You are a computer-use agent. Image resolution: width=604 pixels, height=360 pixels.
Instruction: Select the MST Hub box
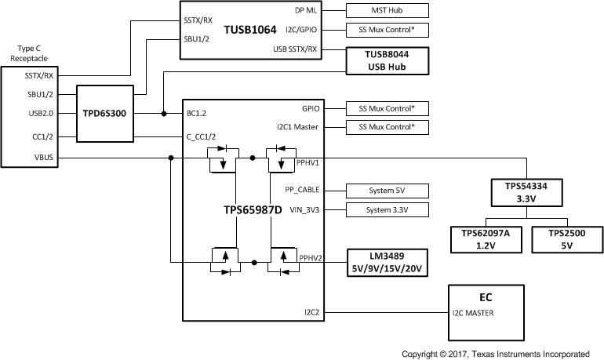click(x=388, y=10)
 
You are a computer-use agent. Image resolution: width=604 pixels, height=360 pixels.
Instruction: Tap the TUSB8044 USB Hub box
click(x=388, y=60)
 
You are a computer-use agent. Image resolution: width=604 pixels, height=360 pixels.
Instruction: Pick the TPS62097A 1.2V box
click(x=486, y=238)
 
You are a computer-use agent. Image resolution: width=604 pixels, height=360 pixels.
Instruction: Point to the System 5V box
click(x=388, y=190)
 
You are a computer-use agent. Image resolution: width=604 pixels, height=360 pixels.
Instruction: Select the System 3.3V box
click(x=388, y=209)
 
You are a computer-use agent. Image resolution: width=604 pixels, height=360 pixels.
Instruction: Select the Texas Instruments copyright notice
click(x=501, y=354)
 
